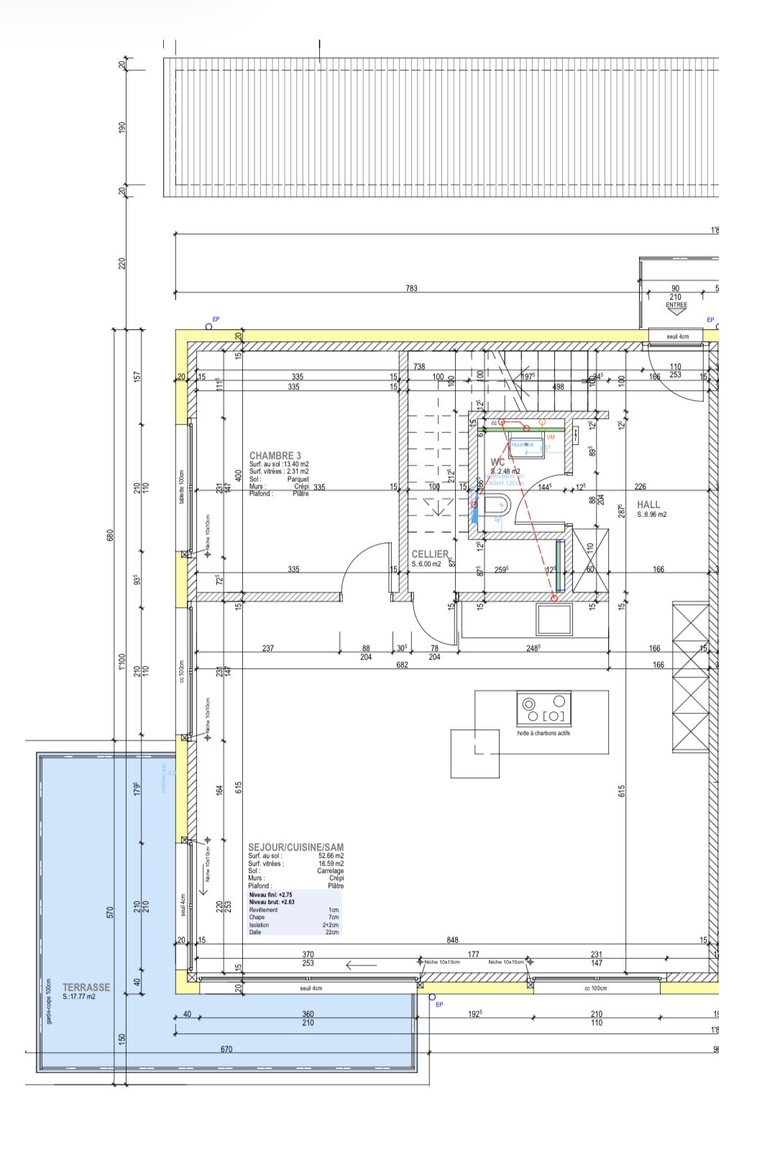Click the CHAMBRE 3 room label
click(275, 456)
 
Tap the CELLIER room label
click(429, 554)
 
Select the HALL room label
click(648, 504)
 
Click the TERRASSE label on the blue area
click(86, 987)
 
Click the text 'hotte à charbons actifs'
click(544, 734)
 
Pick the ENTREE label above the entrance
click(676, 305)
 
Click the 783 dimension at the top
click(411, 288)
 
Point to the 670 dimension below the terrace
click(226, 1049)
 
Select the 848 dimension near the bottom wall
click(452, 939)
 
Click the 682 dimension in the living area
click(402, 665)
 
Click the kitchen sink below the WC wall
click(554, 619)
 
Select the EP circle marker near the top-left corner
click(208, 326)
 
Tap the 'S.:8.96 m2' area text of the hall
click(651, 514)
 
